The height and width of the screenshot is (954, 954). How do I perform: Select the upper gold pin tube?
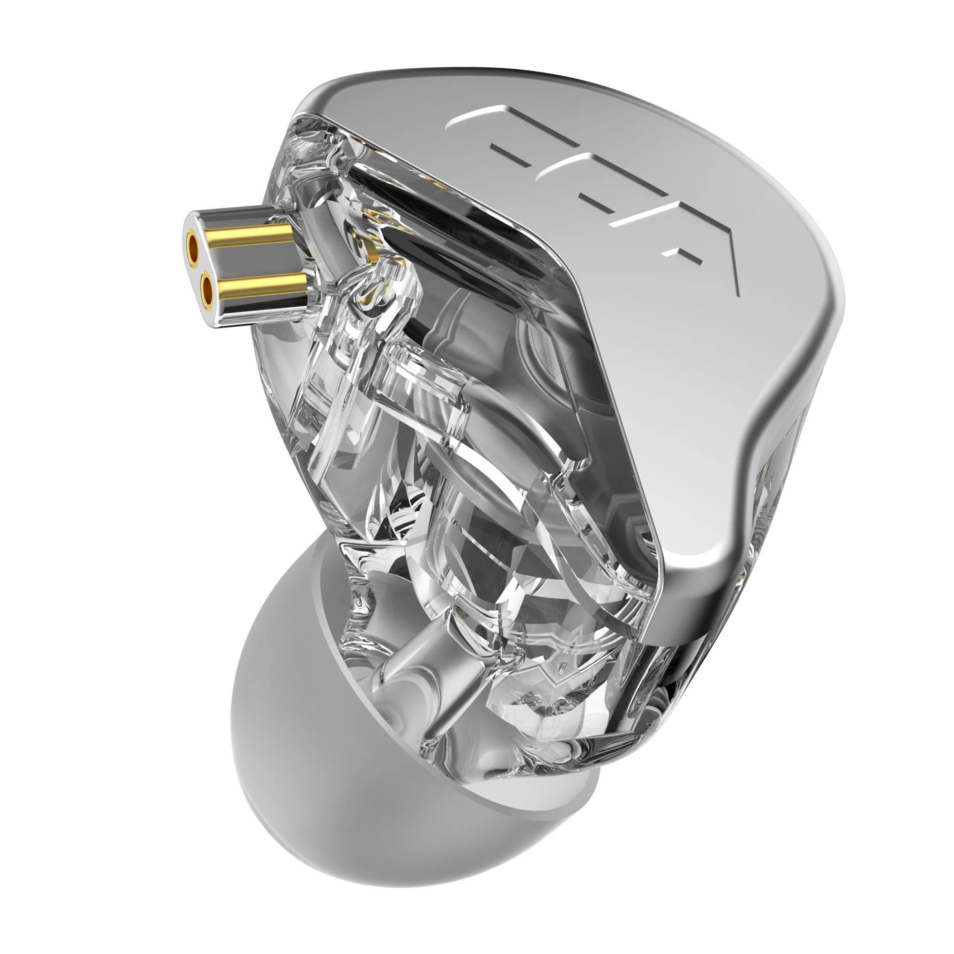(247, 240)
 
